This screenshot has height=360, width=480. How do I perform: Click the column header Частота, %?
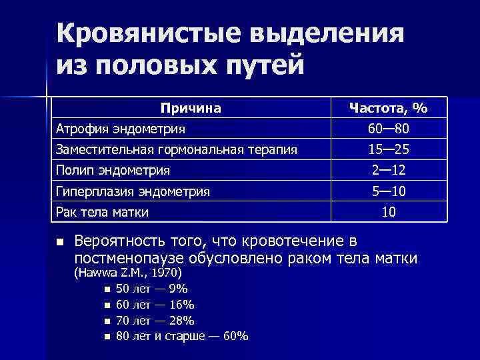point(390,108)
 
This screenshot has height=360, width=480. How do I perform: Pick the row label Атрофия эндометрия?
point(121,128)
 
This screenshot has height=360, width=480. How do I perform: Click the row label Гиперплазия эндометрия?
point(133,192)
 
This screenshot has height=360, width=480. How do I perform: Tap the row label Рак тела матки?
point(102,213)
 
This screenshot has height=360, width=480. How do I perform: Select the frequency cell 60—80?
point(390,128)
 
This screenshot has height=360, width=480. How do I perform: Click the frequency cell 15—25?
point(390,149)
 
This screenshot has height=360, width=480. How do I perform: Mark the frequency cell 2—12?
point(390,171)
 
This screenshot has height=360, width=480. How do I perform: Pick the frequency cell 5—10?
point(390,192)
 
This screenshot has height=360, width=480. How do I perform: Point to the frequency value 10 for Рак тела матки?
point(390,213)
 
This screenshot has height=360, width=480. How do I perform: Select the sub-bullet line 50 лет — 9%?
point(151,289)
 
